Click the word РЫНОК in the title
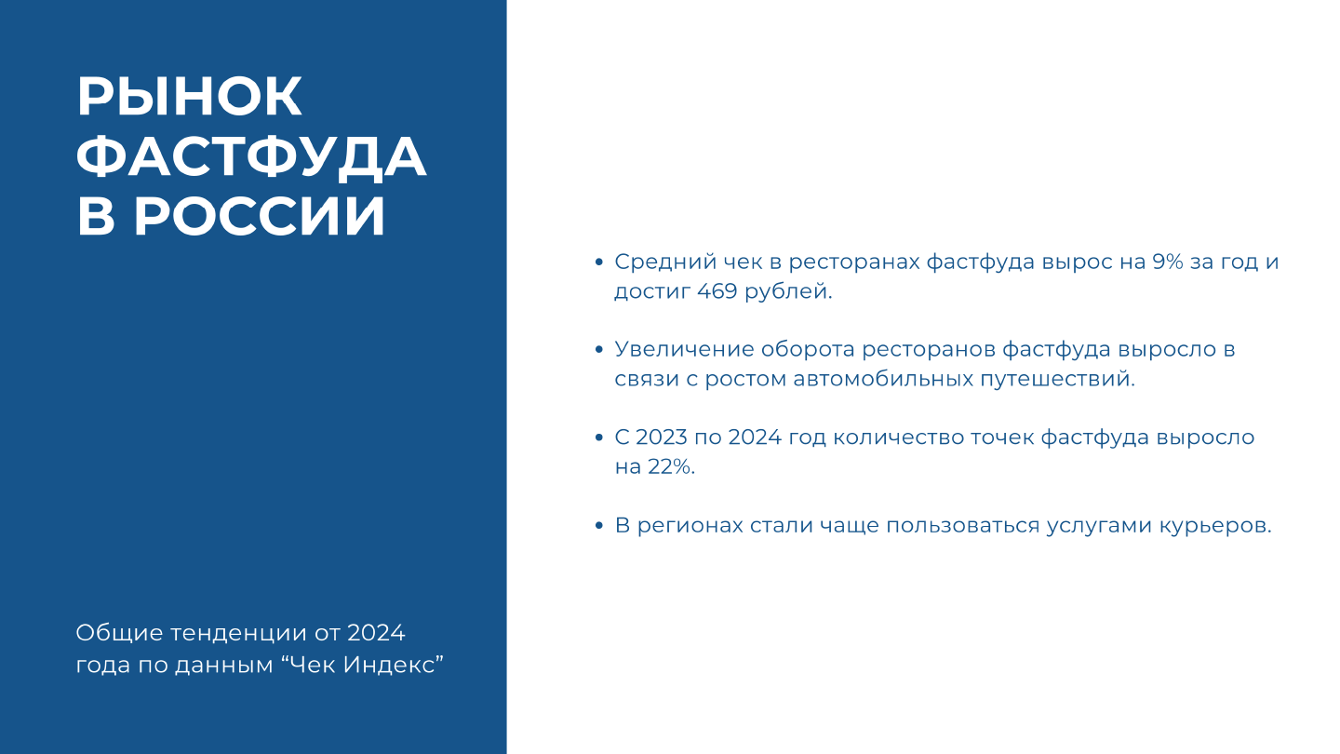(190, 96)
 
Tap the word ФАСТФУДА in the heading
(251, 156)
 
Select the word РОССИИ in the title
(260, 215)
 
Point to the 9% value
(1168, 263)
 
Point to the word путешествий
(1057, 380)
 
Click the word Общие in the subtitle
(119, 633)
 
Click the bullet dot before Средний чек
(599, 263)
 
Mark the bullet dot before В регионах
(599, 526)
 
